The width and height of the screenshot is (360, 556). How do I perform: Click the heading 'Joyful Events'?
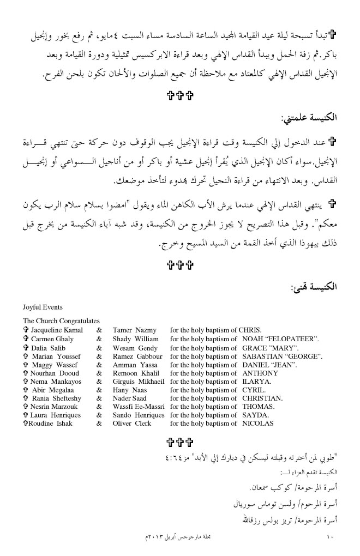(x=43, y=307)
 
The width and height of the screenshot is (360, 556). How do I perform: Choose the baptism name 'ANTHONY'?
(x=260, y=373)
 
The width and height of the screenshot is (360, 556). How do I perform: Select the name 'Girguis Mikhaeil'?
(x=139, y=382)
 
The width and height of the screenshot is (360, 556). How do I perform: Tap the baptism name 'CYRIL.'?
(x=254, y=391)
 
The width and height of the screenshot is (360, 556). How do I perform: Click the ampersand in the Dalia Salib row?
(x=99, y=347)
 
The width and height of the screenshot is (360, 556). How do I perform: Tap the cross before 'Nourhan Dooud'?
(x=26, y=373)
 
